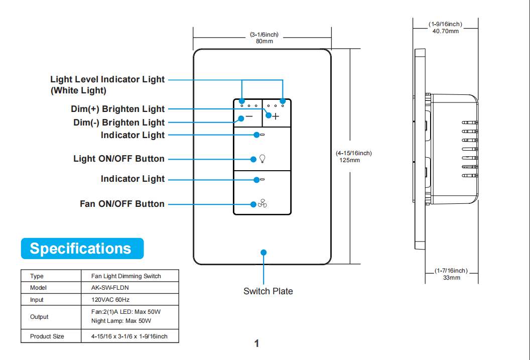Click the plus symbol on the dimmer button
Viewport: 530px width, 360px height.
pyautogui.click(x=276, y=116)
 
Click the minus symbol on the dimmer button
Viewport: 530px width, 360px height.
pyautogui.click(x=249, y=116)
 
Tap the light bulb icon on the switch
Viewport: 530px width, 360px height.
pyautogui.click(x=261, y=159)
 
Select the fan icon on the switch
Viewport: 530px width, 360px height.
pyautogui.click(x=262, y=204)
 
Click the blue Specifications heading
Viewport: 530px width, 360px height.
pyautogui.click(x=80, y=249)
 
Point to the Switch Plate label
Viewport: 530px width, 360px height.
pyautogui.click(x=268, y=291)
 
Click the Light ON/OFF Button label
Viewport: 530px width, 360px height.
pyautogui.click(x=119, y=159)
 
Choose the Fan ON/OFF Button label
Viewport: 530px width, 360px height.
pyautogui.click(x=122, y=204)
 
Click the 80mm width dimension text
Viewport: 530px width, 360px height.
pyautogui.click(x=264, y=41)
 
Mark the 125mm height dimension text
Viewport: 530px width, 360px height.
pyautogui.click(x=350, y=160)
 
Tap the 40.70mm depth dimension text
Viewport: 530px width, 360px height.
pyautogui.click(x=445, y=31)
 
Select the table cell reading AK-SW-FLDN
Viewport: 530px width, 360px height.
pyautogui.click(x=106, y=288)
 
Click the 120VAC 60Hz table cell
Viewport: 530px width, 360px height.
pyautogui.click(x=110, y=300)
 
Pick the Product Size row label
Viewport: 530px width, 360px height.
pyautogui.click(x=47, y=336)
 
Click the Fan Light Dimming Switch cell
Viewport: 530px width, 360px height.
pyautogui.click(x=126, y=276)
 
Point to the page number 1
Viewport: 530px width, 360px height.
pyautogui.click(x=256, y=344)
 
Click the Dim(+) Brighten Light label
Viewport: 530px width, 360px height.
pyautogui.click(x=118, y=109)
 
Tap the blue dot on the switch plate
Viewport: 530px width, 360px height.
pyautogui.click(x=264, y=253)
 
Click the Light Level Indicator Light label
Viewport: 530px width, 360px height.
pyautogui.click(x=107, y=79)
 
